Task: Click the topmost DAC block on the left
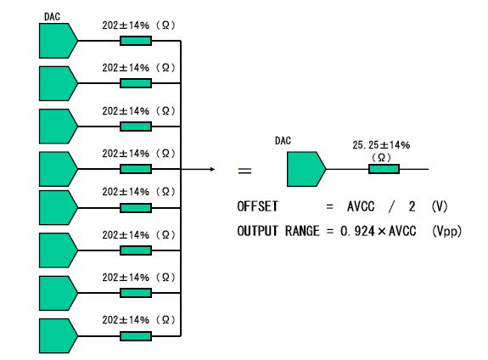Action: coord(58,41)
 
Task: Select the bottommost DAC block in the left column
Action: coord(58,335)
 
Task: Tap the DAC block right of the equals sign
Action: coord(306,169)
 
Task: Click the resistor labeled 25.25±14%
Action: coord(384,169)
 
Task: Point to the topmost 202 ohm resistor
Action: coord(136,41)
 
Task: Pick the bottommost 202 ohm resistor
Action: coord(136,336)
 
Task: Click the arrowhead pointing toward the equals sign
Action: coord(212,169)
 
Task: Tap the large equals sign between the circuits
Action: coord(244,171)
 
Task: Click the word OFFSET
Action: coord(257,206)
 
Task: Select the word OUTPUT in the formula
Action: coord(257,231)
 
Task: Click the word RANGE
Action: coord(302,231)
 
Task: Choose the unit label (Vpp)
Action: coord(446,232)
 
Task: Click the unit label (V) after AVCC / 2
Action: coord(440,206)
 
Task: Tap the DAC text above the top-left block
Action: coord(52,16)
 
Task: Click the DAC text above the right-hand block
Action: coord(283,141)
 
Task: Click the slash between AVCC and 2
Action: coord(391,206)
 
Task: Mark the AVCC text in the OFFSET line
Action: coord(361,206)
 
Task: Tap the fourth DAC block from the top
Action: coord(58,169)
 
